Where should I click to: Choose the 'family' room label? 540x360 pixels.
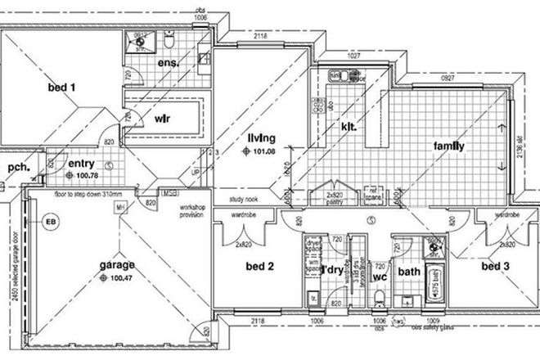pyautogui.click(x=449, y=147)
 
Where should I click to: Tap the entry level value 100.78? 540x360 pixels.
pyautogui.click(x=86, y=175)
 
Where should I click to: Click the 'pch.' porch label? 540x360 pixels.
pyautogui.click(x=18, y=169)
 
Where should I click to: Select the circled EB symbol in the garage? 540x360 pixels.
pyautogui.click(x=52, y=222)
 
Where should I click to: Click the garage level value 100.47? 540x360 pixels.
pyautogui.click(x=119, y=278)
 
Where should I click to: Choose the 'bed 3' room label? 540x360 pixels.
pyautogui.click(x=496, y=266)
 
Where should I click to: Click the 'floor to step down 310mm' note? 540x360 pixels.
pyautogui.click(x=88, y=194)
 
